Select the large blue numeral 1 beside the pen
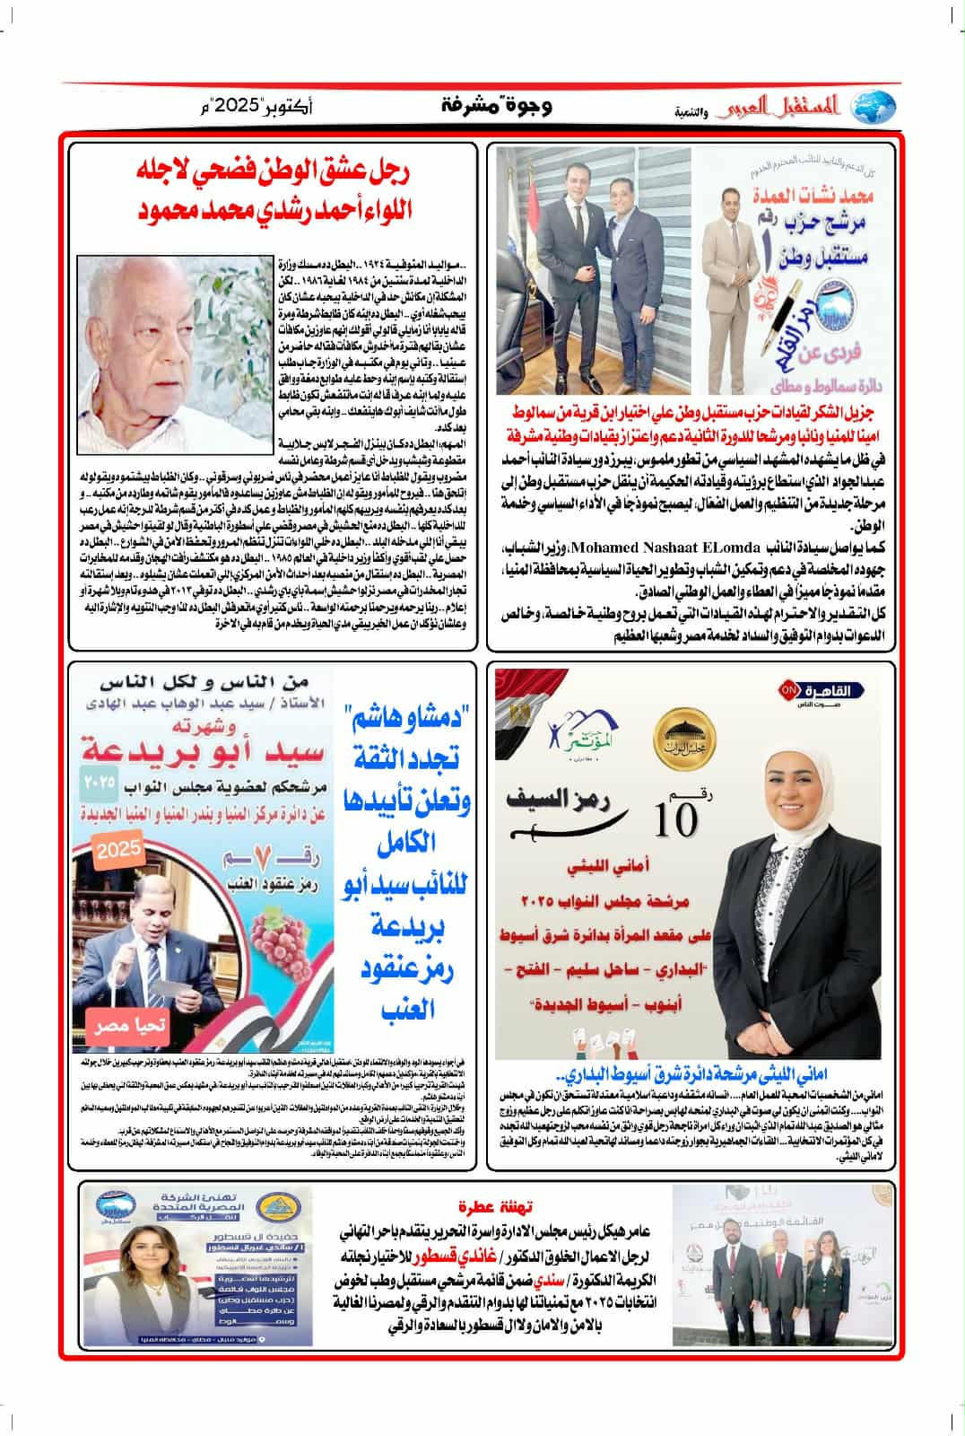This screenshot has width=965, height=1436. [834, 262]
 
